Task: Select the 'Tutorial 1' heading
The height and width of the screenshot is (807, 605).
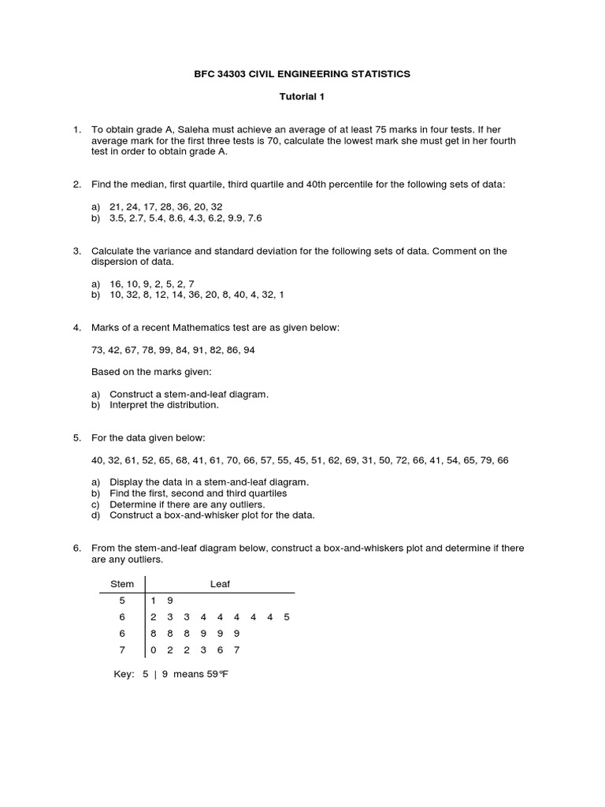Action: point(302,97)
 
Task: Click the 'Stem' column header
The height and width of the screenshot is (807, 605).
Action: point(122,584)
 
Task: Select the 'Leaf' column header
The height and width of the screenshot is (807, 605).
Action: point(220,584)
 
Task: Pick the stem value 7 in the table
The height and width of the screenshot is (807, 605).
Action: point(122,650)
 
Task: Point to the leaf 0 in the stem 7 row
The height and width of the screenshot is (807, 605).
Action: point(154,650)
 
